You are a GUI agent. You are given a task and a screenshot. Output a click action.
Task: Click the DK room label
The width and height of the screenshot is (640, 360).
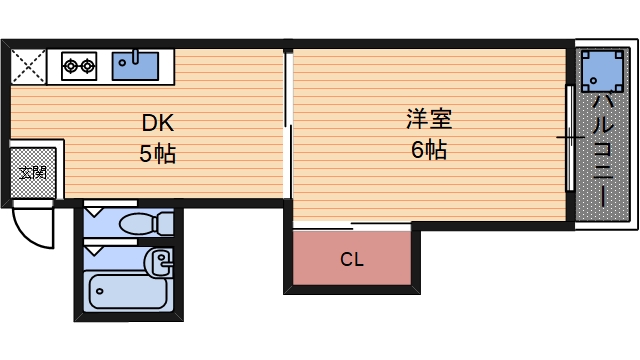click(158, 124)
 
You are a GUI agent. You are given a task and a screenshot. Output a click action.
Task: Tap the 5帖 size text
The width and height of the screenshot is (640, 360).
click(158, 154)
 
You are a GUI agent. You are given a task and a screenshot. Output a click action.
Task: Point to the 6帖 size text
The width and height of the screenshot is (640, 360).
click(428, 151)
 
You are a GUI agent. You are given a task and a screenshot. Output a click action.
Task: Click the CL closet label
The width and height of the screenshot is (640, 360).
click(351, 260)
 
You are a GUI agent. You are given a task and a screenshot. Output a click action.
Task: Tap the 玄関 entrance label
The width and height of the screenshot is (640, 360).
click(33, 172)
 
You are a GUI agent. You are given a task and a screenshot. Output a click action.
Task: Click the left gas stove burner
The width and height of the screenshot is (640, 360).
click(71, 68)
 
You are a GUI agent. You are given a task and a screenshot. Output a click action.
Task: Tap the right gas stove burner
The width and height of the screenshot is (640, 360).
click(88, 68)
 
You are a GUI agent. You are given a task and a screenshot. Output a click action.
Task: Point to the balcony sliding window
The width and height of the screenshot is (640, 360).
click(571, 140)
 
